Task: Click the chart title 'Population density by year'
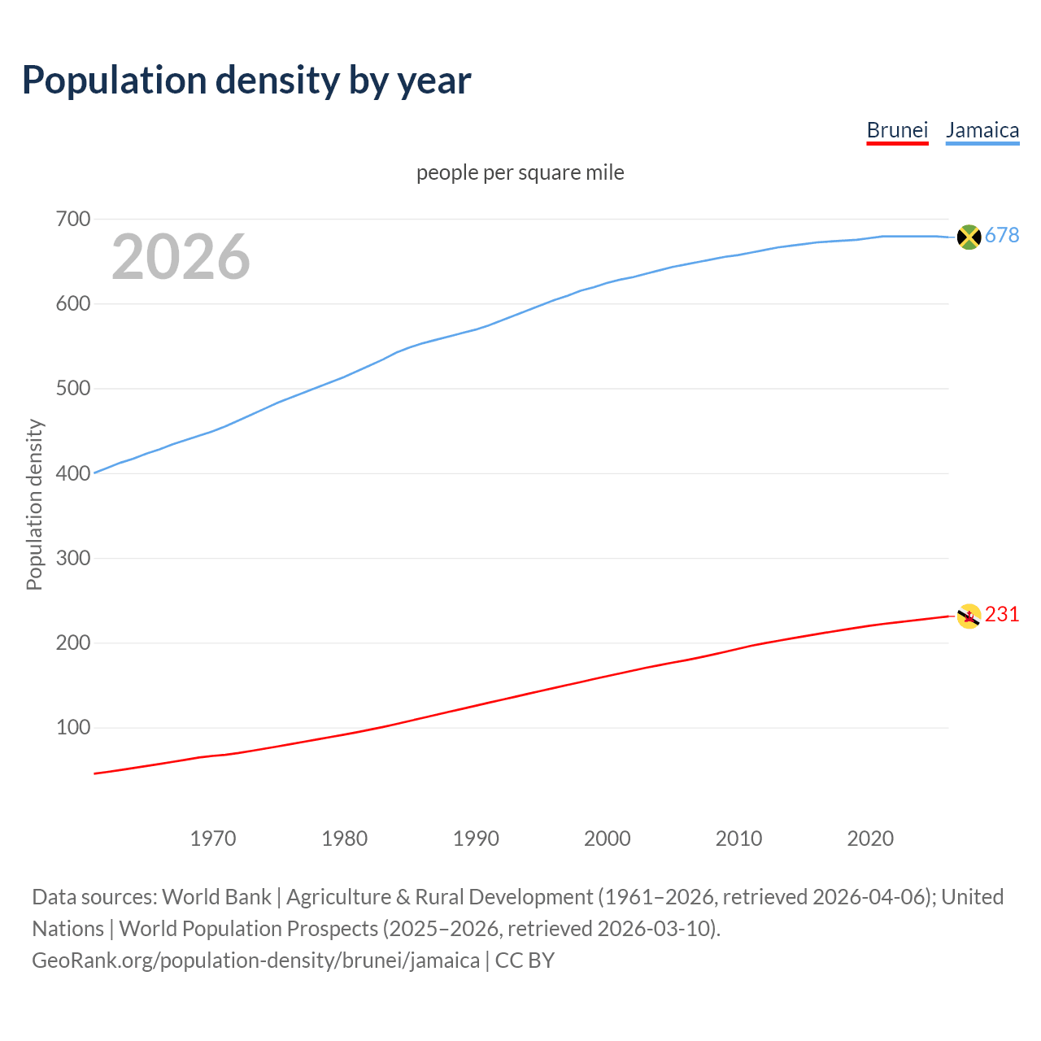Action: point(246,80)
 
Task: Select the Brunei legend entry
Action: point(897,131)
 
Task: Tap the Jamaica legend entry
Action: point(982,131)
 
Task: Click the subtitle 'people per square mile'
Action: point(520,173)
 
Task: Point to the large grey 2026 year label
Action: point(181,257)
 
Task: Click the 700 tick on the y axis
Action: point(72,220)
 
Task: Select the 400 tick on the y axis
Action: point(72,473)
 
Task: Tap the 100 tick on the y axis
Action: point(72,728)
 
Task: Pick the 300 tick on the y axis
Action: point(72,559)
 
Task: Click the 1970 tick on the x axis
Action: point(213,838)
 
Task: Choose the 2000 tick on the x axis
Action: point(608,838)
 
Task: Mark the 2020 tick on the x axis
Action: point(870,838)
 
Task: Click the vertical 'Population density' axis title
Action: point(34,504)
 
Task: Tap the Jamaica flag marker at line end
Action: point(969,237)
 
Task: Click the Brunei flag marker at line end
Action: point(969,616)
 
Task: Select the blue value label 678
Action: point(1002,236)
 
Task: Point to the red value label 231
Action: point(1002,615)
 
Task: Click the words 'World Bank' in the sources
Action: point(216,897)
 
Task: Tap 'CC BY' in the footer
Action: point(525,960)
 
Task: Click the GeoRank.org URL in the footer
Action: point(255,960)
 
